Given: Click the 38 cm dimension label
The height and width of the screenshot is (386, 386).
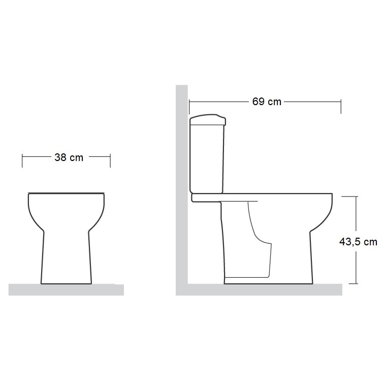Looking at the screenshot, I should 69,157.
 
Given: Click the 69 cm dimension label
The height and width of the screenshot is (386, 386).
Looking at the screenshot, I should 266,102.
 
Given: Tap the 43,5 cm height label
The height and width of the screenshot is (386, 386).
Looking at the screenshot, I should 358,242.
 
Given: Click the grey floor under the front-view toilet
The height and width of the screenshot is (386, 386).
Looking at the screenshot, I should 66,289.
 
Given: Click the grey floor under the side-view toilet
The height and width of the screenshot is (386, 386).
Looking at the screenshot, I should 264,289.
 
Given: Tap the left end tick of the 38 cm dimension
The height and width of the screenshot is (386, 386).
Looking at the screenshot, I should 22,160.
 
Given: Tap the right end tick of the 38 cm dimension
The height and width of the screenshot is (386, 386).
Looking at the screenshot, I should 110,160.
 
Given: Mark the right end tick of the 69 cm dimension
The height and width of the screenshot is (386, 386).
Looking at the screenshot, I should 341,107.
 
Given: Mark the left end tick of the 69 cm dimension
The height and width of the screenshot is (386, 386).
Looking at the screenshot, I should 189,107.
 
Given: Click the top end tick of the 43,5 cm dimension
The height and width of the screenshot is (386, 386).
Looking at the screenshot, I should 356,197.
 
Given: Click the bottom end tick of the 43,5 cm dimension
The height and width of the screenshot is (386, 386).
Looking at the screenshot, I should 356,283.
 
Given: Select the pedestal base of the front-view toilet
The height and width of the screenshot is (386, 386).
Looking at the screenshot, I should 66,259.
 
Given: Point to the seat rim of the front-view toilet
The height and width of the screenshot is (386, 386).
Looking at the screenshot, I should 66,194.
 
